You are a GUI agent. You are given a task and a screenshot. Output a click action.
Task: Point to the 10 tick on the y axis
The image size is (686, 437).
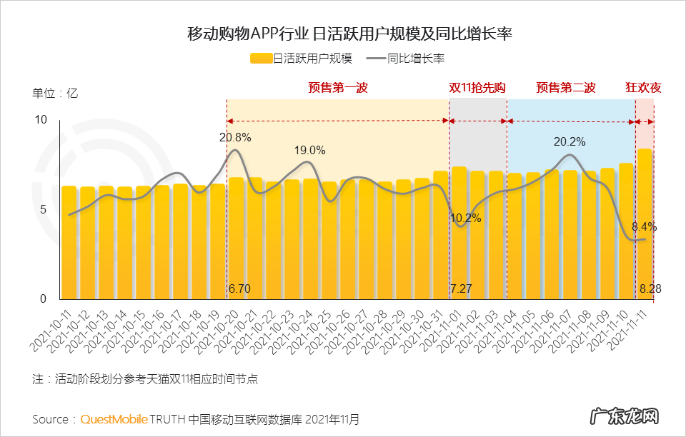41,120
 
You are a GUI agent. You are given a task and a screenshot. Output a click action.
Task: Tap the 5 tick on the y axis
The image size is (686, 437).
44,210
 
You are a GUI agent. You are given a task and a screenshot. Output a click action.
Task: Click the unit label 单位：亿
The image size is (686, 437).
54,93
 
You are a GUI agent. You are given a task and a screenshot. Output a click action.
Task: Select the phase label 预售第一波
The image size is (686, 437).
337,88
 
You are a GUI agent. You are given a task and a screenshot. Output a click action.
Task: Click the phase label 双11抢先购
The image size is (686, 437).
477,88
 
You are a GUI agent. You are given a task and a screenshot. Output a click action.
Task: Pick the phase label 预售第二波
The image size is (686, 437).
566,88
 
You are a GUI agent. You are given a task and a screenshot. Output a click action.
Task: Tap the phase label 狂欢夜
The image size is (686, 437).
643,88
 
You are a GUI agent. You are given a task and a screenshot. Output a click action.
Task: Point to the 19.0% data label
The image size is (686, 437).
309,151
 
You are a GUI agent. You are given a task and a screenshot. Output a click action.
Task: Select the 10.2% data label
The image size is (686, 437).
466,218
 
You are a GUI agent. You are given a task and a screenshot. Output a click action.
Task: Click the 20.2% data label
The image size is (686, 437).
570,142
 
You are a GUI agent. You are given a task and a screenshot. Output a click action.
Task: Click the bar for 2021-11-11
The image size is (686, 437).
644,228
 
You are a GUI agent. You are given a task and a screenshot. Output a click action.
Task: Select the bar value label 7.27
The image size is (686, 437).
462,289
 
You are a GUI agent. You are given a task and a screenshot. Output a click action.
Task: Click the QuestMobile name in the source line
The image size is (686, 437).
114,418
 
